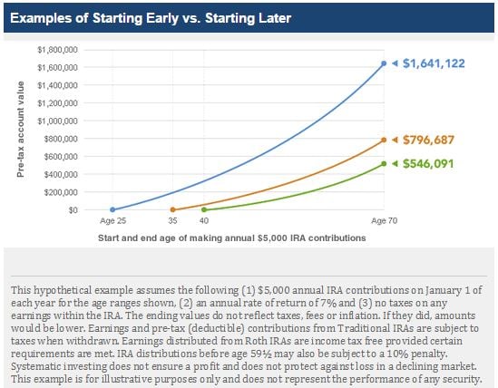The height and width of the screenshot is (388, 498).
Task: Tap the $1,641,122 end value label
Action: pos(440,63)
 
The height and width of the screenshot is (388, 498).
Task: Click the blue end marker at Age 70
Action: pos(384,63)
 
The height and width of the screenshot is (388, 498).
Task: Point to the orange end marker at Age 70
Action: pos(384,140)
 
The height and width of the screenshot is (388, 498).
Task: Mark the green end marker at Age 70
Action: pos(384,163)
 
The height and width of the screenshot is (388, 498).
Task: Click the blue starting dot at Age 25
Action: pos(112,209)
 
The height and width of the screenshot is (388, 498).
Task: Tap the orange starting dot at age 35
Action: pos(173,209)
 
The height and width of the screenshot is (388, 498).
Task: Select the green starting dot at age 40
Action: pos(203,209)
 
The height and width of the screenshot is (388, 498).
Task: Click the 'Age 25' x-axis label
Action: pos(112,221)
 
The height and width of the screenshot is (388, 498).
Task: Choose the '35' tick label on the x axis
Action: pos(173,221)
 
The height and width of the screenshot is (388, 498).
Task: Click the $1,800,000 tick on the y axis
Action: pos(57,49)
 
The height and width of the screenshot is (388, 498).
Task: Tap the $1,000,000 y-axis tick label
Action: pos(57,121)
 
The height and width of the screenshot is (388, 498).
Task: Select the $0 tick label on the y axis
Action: pos(73,209)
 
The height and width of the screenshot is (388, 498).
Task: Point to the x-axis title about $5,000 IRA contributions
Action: pos(231,238)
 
